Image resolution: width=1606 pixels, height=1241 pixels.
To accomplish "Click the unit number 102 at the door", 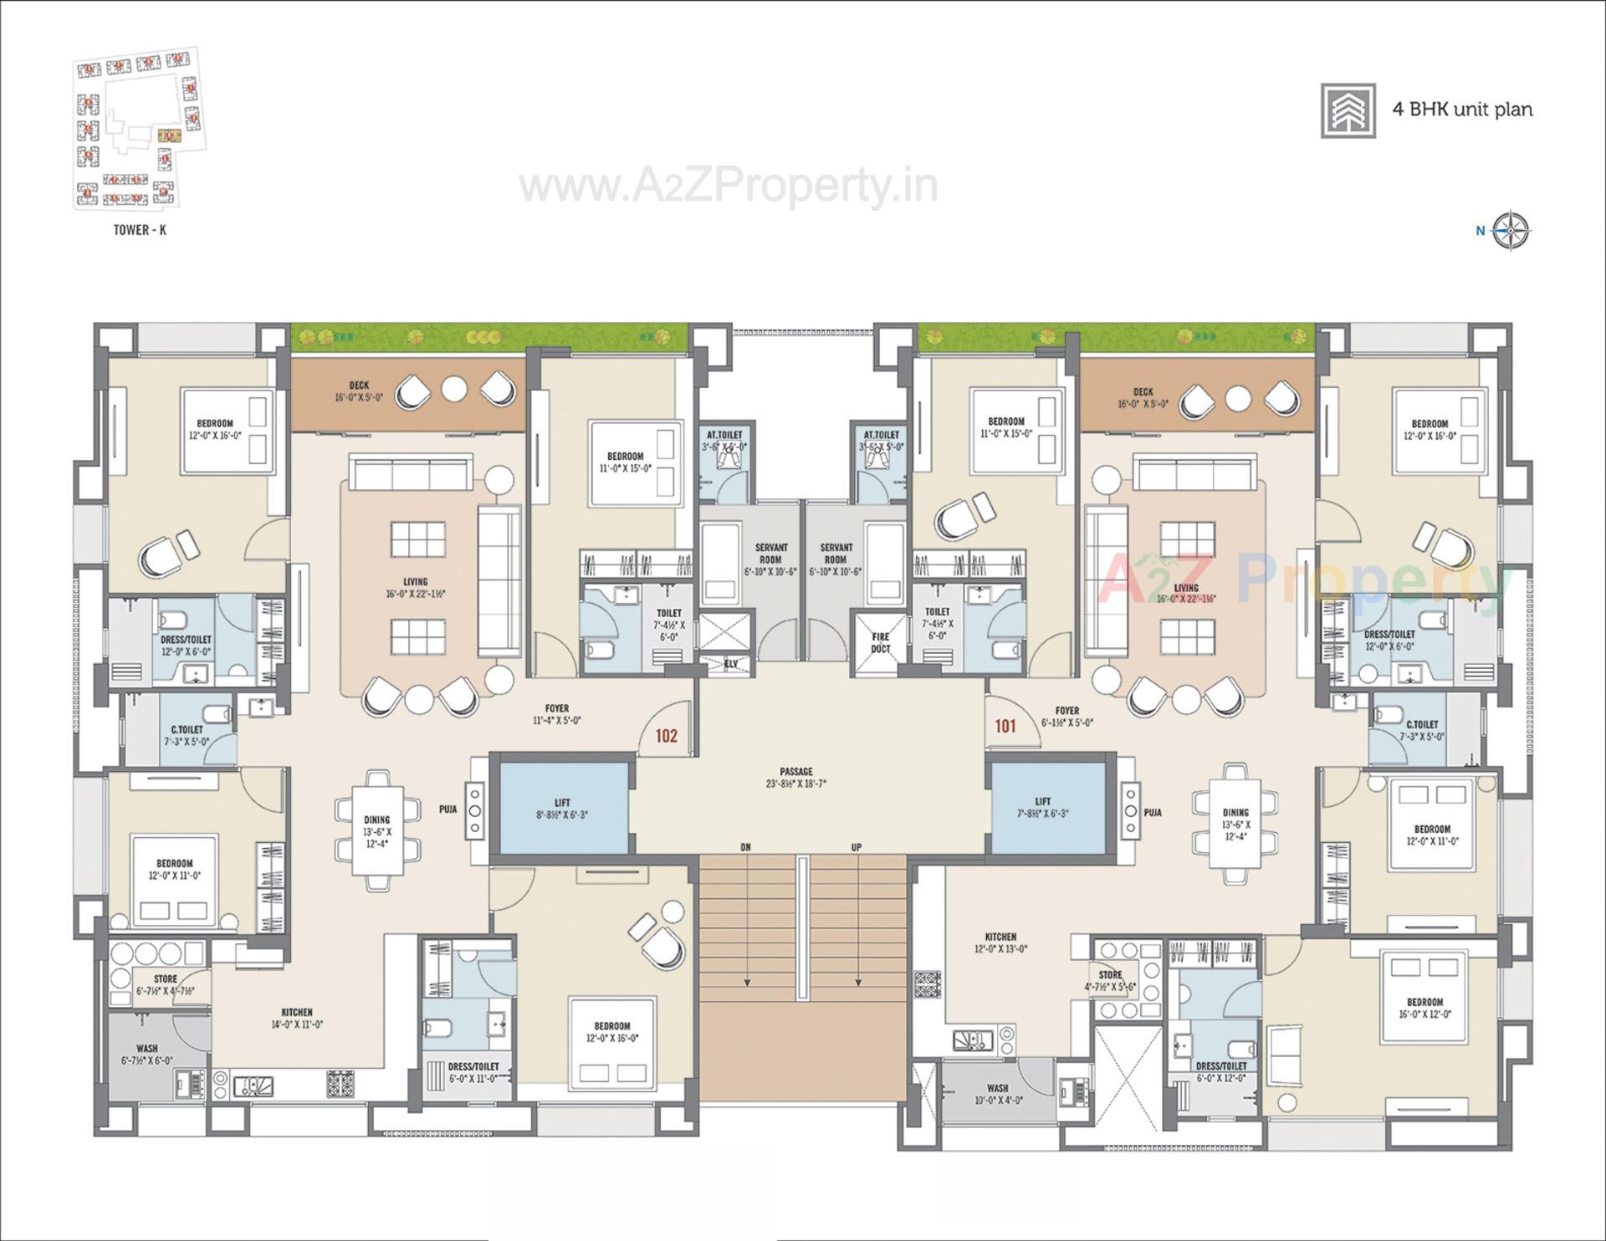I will click(666, 736).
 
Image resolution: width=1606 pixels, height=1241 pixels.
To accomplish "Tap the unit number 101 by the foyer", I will click(1005, 726).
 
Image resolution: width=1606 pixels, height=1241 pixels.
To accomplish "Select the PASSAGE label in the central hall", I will click(795, 772).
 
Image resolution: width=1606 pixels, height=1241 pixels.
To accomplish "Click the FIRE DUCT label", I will click(880, 642).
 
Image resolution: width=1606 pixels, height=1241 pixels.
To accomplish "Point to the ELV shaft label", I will click(731, 664).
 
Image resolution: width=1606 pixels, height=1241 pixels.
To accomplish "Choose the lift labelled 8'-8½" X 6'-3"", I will click(562, 808).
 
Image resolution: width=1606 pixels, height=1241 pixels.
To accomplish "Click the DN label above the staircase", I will click(745, 847).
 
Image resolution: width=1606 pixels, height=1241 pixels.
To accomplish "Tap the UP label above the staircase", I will click(857, 847).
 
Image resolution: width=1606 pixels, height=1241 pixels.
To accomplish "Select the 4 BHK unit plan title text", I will click(1462, 110).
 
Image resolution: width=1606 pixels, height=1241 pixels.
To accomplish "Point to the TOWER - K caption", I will click(140, 230).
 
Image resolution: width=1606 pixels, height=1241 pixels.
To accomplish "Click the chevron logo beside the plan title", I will click(1348, 110).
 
